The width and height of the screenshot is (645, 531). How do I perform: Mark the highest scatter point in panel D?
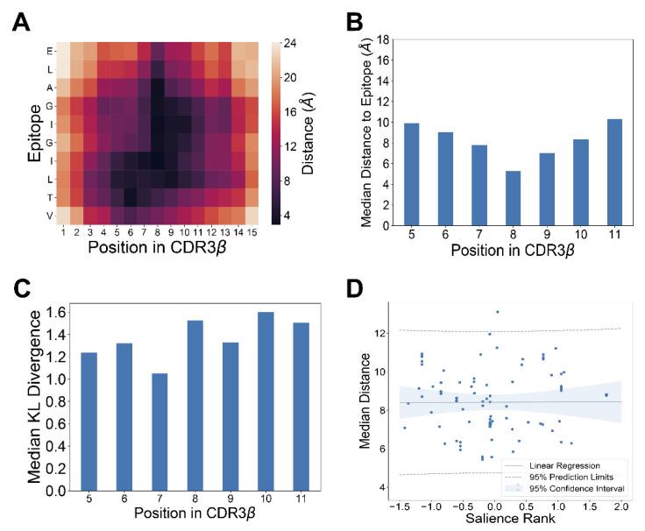click(x=497, y=312)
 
